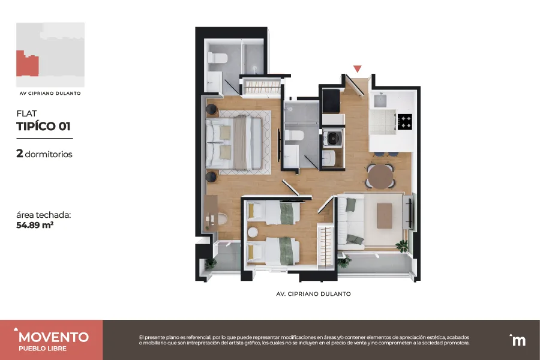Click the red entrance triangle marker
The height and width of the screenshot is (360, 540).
358,69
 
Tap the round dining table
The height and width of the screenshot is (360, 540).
380,176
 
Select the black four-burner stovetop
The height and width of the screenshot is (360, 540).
404,122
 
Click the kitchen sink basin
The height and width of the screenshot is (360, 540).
380,100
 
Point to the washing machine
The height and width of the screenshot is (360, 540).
332,138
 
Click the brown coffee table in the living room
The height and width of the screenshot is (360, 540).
385,215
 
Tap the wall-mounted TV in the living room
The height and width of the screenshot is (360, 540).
410,214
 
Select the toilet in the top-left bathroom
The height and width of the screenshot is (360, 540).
217,58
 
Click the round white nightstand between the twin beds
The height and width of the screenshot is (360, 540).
253,232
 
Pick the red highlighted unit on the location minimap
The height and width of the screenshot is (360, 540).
27,64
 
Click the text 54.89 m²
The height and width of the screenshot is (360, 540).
35,226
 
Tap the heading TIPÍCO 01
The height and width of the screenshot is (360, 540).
43,126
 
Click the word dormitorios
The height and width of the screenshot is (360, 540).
49,154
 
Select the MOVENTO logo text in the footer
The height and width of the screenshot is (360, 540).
54,337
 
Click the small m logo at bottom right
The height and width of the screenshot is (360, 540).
517,340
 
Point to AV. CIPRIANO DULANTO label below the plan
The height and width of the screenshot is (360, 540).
313,294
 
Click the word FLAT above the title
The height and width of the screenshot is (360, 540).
26,113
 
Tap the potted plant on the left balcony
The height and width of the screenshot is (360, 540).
211,264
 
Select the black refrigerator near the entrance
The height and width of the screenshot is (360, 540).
331,101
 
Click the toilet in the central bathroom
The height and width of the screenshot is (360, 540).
294,136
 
